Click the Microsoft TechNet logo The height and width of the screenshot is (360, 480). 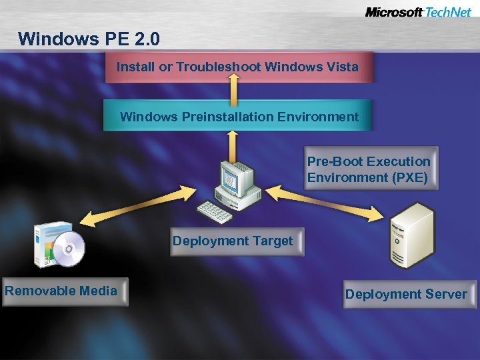click(418, 12)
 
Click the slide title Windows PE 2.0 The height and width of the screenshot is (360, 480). click(89, 39)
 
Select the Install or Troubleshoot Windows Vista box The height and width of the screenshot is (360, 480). click(238, 67)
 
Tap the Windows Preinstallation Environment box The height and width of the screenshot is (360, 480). click(239, 117)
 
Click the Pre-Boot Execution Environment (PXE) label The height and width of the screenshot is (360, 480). click(369, 169)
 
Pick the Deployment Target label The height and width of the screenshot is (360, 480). click(232, 241)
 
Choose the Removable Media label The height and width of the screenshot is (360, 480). click(61, 291)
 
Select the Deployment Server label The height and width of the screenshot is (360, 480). click(406, 295)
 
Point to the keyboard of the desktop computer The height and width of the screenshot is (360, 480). click(215, 211)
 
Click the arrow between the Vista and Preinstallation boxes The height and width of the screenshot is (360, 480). click(233, 90)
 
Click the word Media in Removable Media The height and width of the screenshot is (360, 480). click(97, 291)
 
